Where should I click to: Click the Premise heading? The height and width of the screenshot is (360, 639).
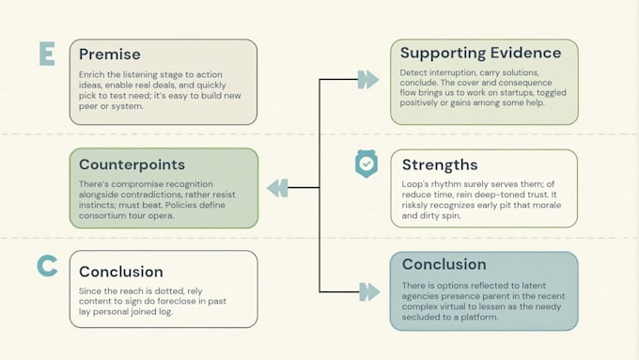point(110,55)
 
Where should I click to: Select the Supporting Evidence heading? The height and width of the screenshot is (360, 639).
point(480,53)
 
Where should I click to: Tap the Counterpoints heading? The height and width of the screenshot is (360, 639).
point(132,164)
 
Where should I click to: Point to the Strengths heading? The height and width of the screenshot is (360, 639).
point(440,164)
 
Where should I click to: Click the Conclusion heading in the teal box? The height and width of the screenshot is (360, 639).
point(444,264)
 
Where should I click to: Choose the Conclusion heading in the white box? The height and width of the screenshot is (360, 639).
point(121,272)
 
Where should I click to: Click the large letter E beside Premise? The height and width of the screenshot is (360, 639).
point(47,54)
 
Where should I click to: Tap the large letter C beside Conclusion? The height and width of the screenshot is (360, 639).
point(47,266)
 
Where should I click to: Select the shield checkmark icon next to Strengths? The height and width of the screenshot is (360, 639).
point(366,164)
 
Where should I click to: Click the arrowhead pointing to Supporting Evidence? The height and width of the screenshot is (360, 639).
point(368,80)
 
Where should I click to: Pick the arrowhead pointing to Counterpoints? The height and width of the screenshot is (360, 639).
point(277,188)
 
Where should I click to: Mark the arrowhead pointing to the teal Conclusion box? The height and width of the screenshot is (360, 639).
point(369,292)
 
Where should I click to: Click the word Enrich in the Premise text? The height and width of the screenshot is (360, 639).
point(89,74)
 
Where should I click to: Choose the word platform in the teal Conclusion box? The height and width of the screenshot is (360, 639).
point(479,317)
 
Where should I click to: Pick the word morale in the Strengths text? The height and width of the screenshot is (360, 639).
point(547,205)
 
